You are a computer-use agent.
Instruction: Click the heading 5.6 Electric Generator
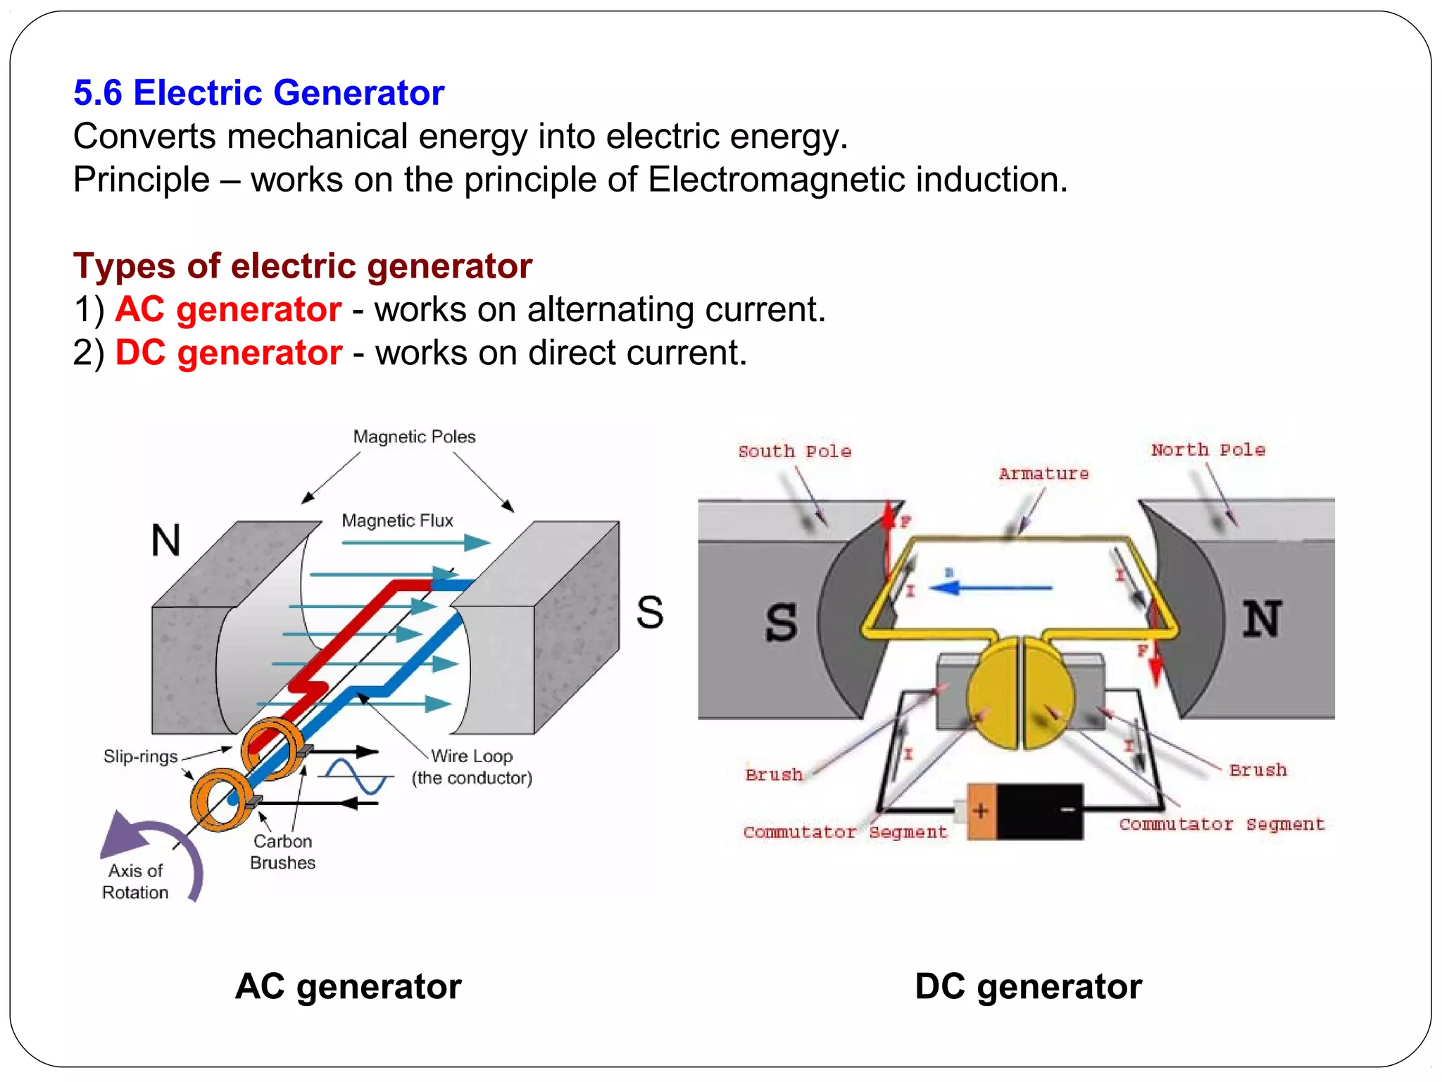[x=258, y=93]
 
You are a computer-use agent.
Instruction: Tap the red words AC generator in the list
[x=228, y=310]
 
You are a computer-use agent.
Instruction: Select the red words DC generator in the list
[x=228, y=353]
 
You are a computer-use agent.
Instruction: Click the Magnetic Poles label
[x=414, y=437]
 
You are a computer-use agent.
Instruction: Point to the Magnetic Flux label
[x=397, y=521]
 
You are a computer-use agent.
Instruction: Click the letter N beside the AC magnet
[x=166, y=541]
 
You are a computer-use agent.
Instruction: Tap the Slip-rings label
[x=140, y=757]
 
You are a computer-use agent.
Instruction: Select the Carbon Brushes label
[x=282, y=852]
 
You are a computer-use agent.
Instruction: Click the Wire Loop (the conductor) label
[x=472, y=766]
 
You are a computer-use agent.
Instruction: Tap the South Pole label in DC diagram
[x=794, y=452]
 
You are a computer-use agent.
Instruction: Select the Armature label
[x=1043, y=474]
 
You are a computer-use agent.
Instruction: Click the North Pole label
[x=1208, y=450]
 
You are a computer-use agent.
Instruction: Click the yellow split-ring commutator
[x=1020, y=693]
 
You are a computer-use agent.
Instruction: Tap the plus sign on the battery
[x=980, y=811]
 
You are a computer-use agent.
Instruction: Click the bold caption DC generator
[x=1028, y=986]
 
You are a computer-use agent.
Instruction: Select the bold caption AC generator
[x=349, y=986]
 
